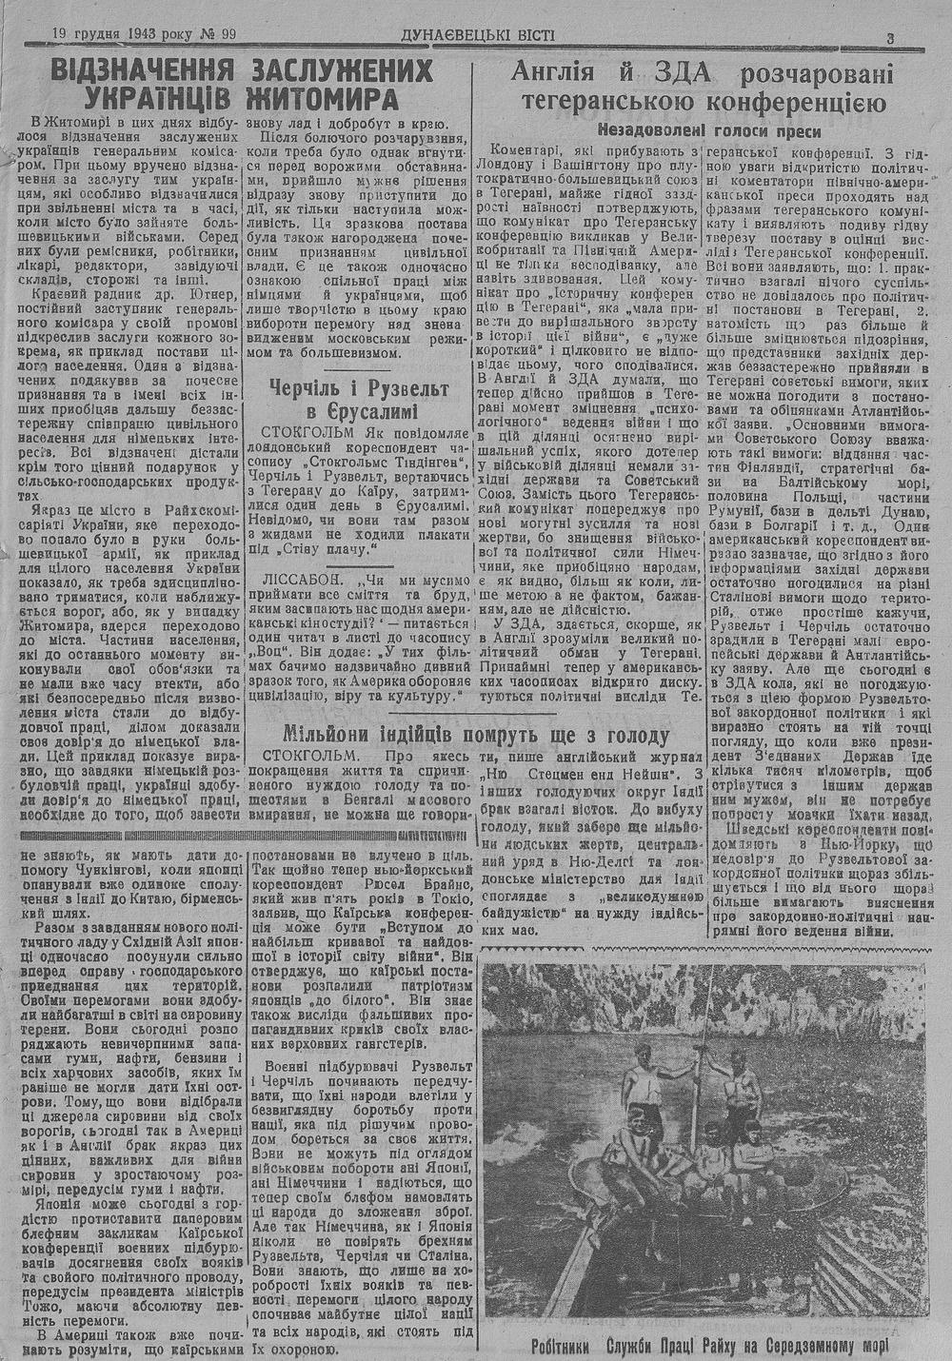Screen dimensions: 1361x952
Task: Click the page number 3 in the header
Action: (x=889, y=39)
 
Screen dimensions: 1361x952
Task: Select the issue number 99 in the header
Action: (x=226, y=35)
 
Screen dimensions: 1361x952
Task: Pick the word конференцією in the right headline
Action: (x=798, y=102)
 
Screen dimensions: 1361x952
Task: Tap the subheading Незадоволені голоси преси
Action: (x=709, y=130)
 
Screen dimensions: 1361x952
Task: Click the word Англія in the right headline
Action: (x=555, y=72)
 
